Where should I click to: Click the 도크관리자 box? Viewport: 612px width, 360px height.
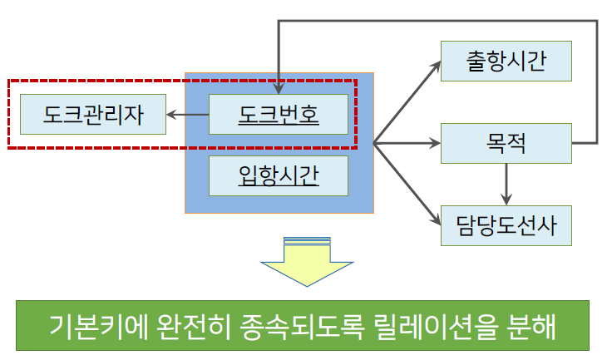pyautogui.click(x=92, y=115)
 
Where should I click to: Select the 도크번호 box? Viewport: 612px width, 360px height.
pyautogui.click(x=278, y=114)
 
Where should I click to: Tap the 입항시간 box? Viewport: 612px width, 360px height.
pyautogui.click(x=278, y=175)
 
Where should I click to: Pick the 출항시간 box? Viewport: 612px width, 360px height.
pyautogui.click(x=506, y=61)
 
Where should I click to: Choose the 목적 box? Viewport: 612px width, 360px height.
pyautogui.click(x=506, y=143)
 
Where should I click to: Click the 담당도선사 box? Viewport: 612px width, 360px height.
pyautogui.click(x=506, y=224)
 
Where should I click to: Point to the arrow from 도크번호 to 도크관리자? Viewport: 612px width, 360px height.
pyautogui.click(x=187, y=115)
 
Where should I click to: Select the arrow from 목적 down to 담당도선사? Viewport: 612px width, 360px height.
pyautogui.click(x=506, y=184)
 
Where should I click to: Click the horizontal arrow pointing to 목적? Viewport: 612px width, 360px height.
pyautogui.click(x=407, y=143)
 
